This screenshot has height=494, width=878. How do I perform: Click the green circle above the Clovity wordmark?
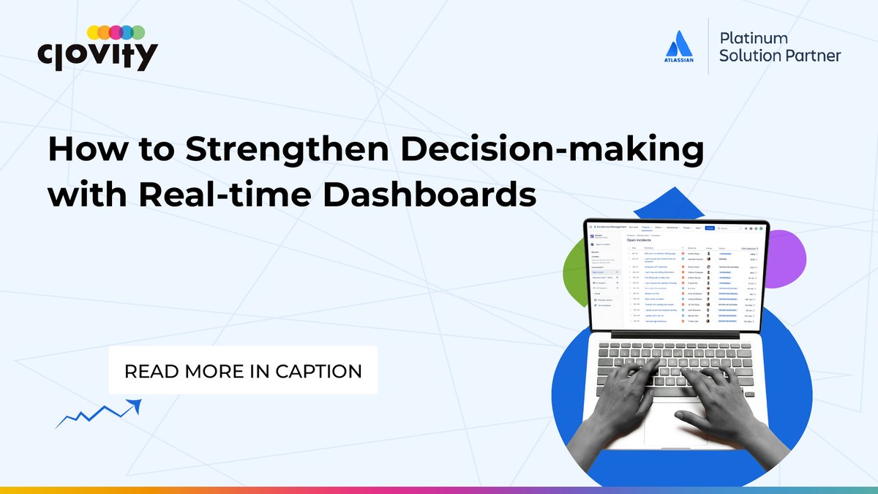pyautogui.click(x=137, y=32)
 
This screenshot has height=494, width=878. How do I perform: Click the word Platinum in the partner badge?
pyautogui.click(x=754, y=37)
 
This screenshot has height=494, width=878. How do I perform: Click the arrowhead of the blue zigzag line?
pyautogui.click(x=135, y=403)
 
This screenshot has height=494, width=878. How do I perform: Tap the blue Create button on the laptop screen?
pyautogui.click(x=710, y=228)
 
